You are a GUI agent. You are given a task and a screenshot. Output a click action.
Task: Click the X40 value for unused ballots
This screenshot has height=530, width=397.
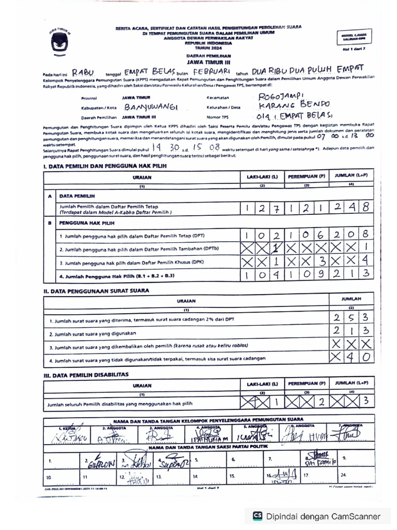[351, 357]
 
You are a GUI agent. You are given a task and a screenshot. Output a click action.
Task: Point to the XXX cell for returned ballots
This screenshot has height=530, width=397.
[351, 344]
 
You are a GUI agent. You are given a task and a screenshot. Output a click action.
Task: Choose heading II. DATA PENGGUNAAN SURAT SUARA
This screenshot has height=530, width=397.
[96, 291]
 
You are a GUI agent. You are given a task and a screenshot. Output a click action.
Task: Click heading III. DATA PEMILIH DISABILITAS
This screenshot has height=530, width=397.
[86, 374]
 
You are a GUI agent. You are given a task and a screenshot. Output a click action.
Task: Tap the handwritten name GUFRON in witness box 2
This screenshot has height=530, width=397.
[101, 463]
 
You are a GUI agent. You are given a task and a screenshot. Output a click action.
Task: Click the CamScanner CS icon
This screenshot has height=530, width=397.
[257, 516]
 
